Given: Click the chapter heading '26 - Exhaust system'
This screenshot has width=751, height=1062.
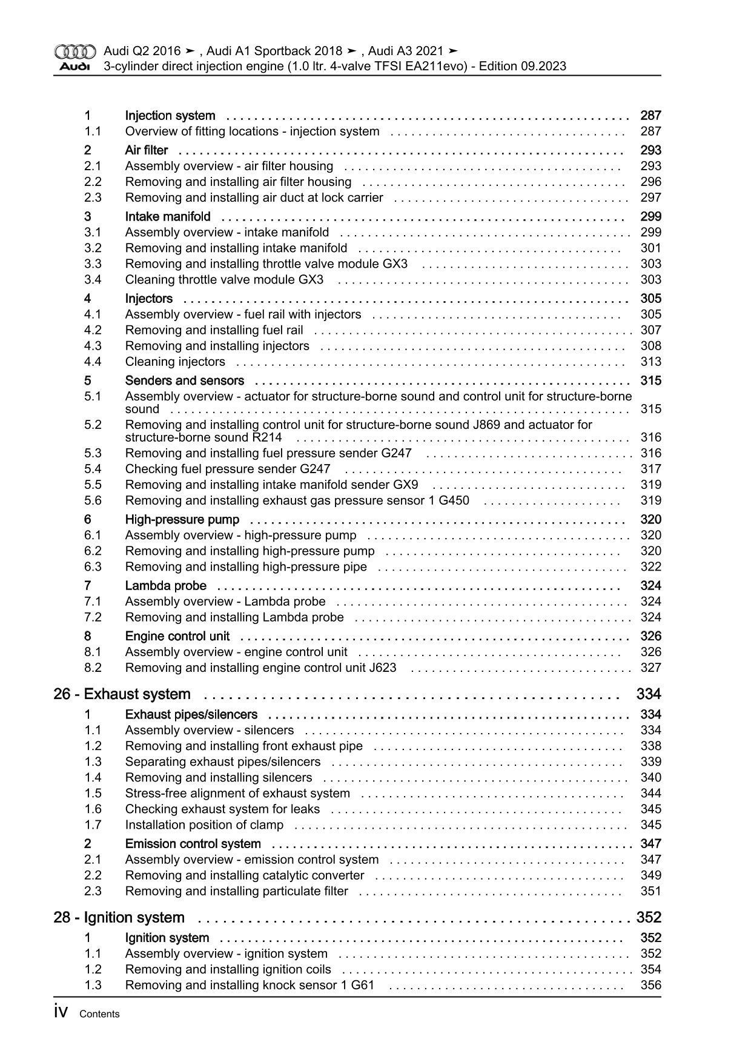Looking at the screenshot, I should (x=122, y=694).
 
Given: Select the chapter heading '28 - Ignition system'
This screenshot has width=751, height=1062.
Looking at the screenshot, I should (x=119, y=918).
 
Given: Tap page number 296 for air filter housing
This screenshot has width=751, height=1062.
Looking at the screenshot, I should (x=650, y=182).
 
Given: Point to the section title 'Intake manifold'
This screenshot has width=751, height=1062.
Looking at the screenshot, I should (x=168, y=216).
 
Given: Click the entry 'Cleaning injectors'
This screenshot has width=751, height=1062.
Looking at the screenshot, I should (x=175, y=362).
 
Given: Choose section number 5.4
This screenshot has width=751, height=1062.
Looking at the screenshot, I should (x=93, y=469).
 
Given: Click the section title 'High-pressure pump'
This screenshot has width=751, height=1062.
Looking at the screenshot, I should (x=182, y=519).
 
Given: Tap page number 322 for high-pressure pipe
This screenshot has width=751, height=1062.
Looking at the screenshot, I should (x=650, y=566).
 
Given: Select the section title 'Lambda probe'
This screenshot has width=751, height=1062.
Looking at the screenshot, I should (x=165, y=585).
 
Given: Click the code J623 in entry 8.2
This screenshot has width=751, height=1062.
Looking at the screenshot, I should (x=382, y=668).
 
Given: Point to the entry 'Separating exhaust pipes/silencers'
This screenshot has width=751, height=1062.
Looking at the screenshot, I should (x=223, y=762).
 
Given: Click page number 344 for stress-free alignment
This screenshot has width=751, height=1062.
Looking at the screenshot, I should (x=650, y=793).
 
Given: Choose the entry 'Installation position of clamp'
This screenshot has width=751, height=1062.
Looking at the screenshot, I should (x=204, y=825).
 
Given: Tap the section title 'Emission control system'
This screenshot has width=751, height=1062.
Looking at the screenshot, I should (x=193, y=843).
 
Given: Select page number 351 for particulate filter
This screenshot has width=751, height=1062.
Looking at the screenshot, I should (x=650, y=891).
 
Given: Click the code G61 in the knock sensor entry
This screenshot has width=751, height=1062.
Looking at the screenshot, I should (x=362, y=985).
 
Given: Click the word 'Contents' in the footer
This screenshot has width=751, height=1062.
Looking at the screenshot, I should (x=99, y=1014).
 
